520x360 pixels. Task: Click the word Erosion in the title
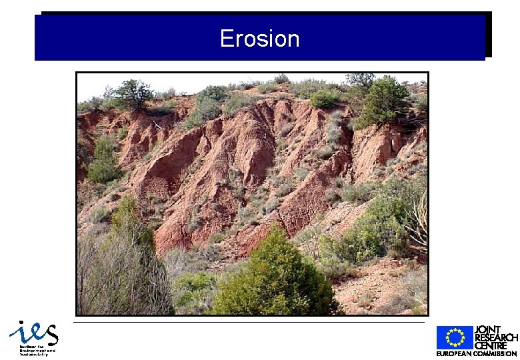(260, 39)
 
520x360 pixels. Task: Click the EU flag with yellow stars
(455, 337)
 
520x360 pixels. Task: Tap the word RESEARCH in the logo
(496, 337)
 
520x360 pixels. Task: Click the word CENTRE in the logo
(492, 345)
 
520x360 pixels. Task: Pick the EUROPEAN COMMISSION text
(477, 353)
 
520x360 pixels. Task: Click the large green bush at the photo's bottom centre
(277, 280)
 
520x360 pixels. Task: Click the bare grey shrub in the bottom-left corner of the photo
(120, 280)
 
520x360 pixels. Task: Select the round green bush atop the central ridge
(325, 99)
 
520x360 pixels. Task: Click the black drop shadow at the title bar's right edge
(489, 35)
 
